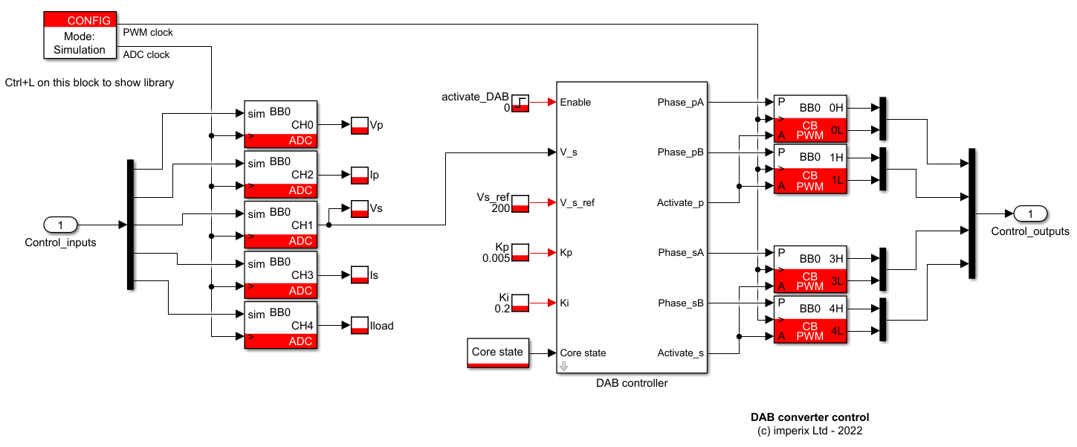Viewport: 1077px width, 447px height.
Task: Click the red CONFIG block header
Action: tap(80, 21)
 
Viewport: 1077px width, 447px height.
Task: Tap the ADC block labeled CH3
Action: tap(280, 275)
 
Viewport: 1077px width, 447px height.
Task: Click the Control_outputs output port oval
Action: tap(1030, 214)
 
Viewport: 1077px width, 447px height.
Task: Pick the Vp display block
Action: tap(360, 126)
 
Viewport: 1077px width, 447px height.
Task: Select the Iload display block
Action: tap(360, 326)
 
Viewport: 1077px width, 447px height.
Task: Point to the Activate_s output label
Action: tap(679, 353)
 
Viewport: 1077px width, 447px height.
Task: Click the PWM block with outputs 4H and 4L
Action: tap(810, 319)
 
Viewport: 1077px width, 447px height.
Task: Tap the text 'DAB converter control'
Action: tap(809, 417)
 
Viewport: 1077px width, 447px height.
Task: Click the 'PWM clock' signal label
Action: tap(147, 32)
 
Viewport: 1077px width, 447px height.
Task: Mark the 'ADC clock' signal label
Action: tap(146, 54)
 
